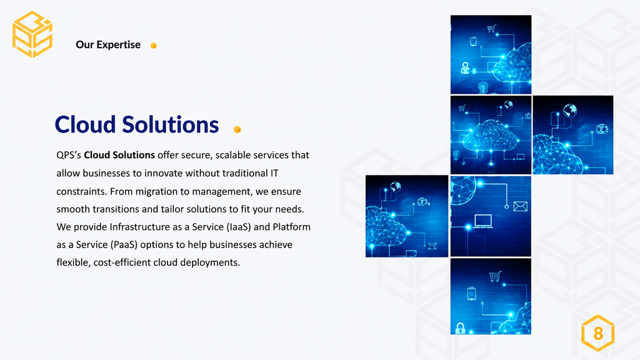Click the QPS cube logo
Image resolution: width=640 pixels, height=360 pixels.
coord(32,34)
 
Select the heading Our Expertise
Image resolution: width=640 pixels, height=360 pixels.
coord(108,44)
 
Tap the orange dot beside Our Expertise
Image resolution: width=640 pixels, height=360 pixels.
coord(154,46)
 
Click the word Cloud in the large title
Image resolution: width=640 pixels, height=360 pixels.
coord(85,124)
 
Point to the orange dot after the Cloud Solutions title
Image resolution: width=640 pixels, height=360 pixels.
coord(237,129)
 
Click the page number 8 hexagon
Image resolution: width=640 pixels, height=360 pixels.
coord(598,333)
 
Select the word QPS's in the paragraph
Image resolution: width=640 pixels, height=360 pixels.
coord(69,155)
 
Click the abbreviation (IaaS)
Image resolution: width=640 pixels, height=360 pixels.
coord(239,227)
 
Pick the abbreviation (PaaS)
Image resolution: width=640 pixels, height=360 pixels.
coord(124,245)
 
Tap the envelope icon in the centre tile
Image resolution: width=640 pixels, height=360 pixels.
coord(521,206)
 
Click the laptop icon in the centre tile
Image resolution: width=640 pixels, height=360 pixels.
coord(483,221)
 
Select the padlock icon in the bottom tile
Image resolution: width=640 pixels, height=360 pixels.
coord(461,328)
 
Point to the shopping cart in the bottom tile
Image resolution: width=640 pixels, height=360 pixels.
coord(495,277)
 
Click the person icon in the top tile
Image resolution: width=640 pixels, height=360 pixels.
coord(465,67)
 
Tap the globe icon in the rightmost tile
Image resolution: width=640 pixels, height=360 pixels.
coord(570,110)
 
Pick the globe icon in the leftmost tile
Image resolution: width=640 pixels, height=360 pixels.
coord(395,186)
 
